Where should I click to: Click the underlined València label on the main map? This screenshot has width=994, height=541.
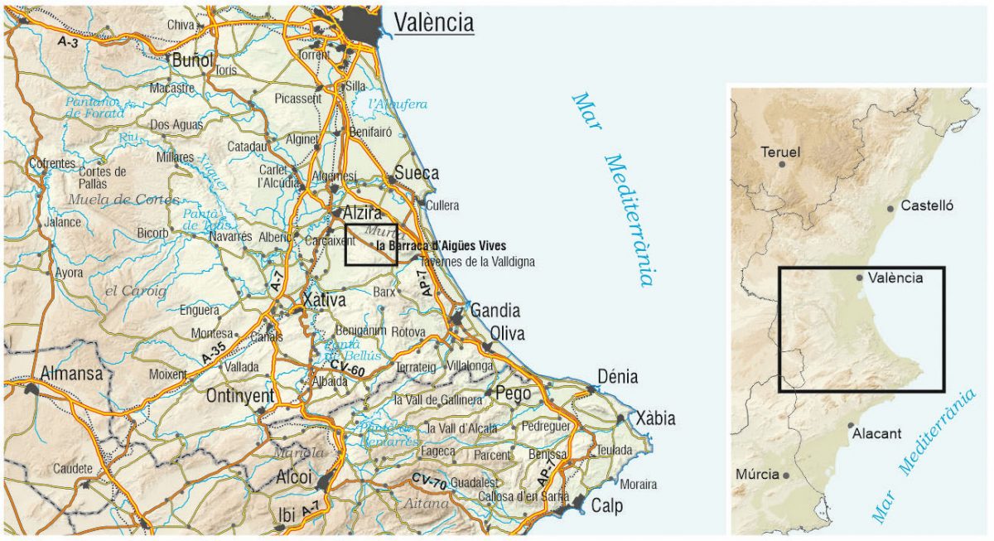(433, 22)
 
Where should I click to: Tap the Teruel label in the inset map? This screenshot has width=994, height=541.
(779, 152)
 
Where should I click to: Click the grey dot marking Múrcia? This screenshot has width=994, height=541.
(786, 476)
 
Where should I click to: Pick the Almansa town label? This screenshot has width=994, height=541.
(72, 373)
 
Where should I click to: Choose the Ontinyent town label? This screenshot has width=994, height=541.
(241, 395)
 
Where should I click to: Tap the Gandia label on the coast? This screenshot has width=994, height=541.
(495, 311)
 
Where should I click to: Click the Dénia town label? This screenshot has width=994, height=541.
(617, 377)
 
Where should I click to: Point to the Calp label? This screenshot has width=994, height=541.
(606, 506)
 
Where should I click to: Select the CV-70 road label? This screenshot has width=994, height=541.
(431, 481)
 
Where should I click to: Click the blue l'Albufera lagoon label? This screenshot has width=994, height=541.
(398, 104)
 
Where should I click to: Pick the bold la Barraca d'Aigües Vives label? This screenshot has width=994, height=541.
(440, 246)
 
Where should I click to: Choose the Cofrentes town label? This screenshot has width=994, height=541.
(52, 163)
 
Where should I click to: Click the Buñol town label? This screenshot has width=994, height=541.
(192, 60)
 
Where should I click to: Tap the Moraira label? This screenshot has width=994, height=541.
(638, 484)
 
